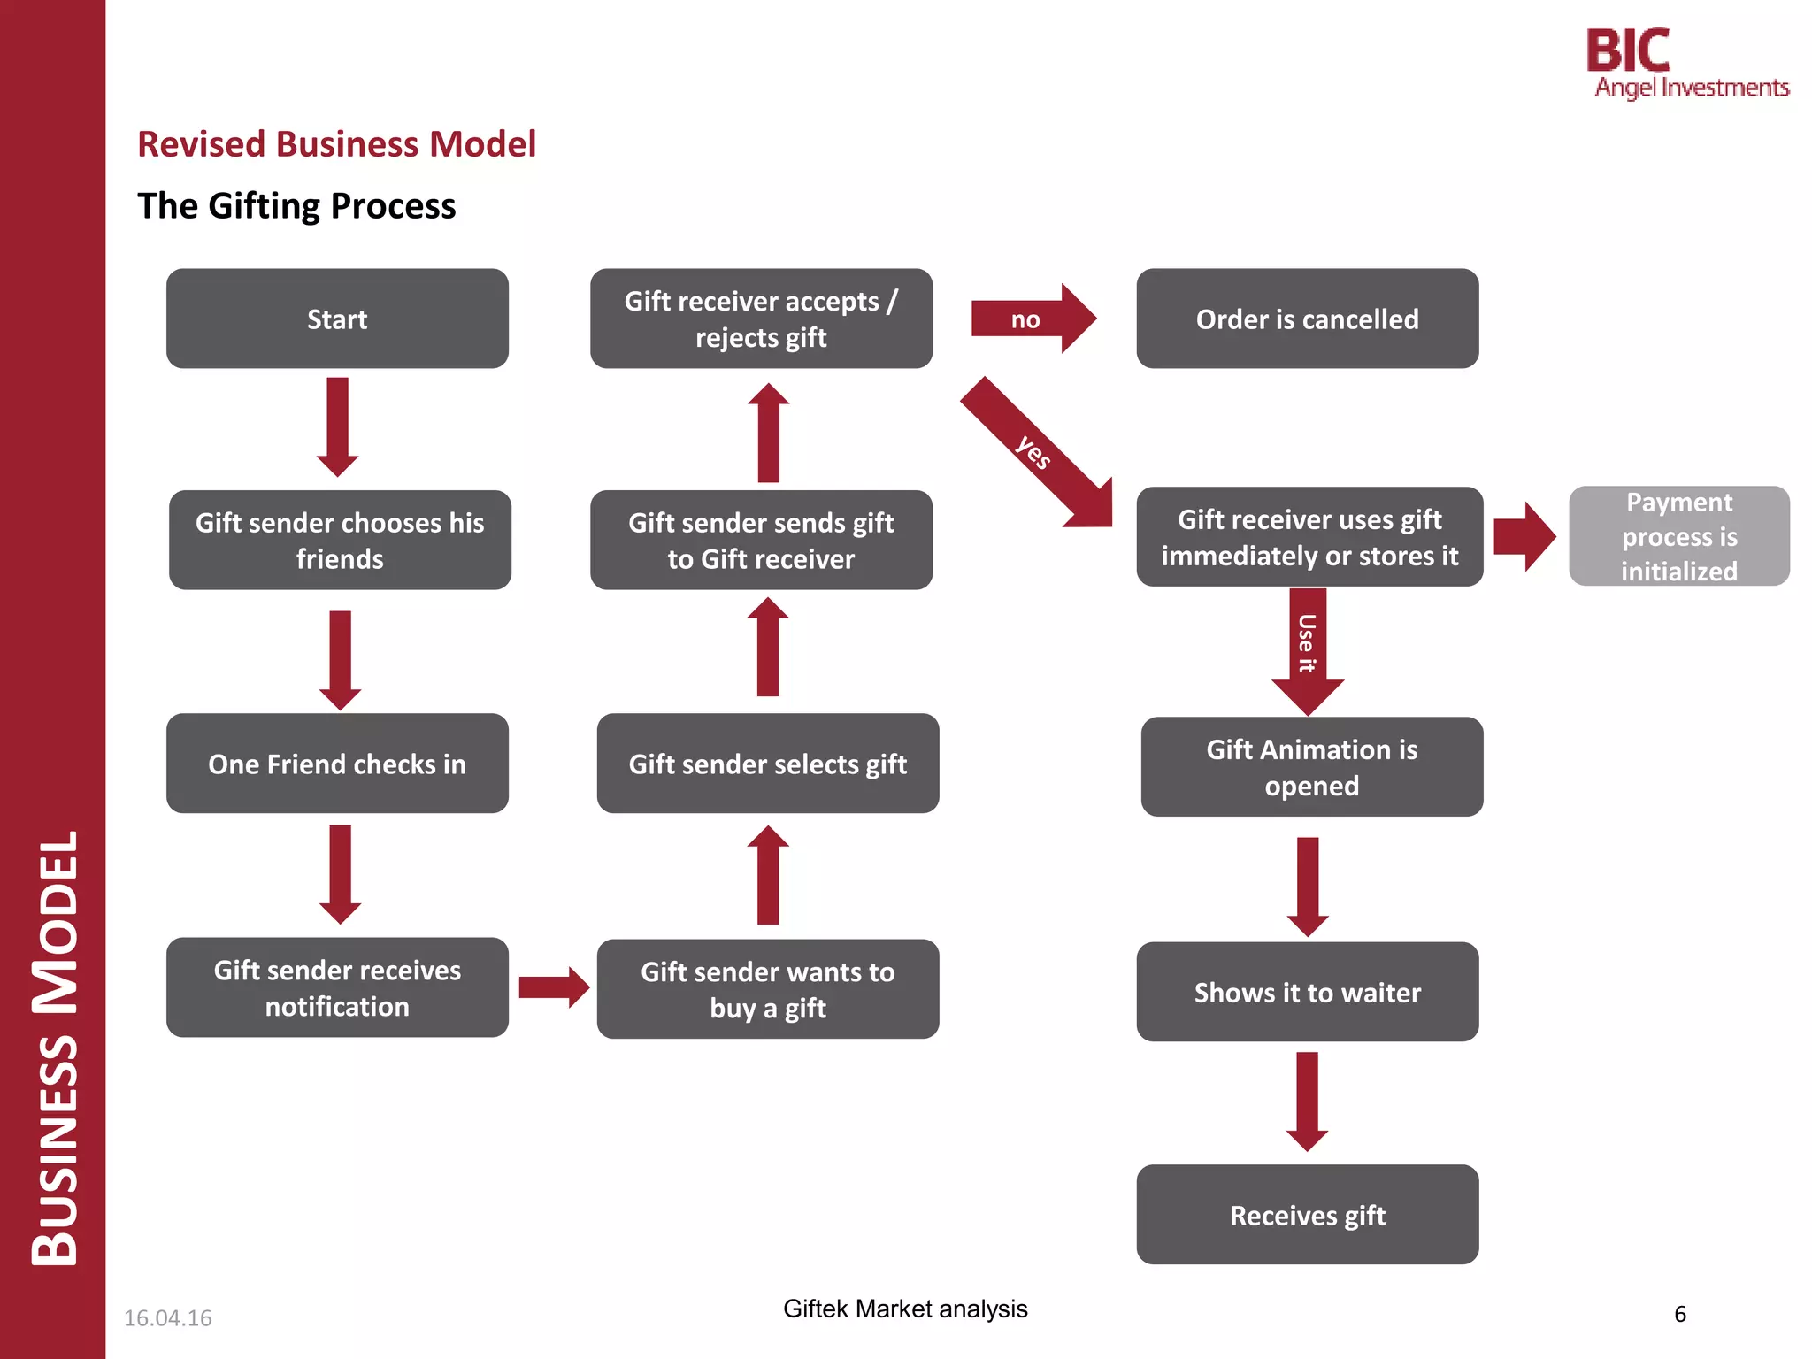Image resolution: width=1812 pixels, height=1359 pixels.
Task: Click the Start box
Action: (337, 319)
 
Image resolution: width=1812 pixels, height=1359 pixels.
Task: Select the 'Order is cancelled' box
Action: (1307, 319)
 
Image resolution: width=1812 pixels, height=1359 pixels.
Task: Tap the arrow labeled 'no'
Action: (1032, 319)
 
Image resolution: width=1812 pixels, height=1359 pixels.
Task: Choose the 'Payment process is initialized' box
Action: (1678, 536)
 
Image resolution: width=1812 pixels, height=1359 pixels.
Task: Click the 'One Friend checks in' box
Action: (337, 764)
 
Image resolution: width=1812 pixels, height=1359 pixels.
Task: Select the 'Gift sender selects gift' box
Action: (767, 764)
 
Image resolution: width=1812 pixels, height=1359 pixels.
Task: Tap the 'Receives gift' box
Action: (1307, 1215)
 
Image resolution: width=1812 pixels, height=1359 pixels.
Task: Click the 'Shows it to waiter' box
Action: (1307, 992)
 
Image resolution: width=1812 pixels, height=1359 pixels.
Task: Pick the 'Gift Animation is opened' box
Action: (1311, 767)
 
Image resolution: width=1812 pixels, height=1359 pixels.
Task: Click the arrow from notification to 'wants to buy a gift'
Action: (553, 987)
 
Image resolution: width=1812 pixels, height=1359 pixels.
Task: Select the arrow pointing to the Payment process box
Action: (1524, 536)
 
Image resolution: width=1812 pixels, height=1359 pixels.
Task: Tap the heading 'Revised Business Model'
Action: (336, 144)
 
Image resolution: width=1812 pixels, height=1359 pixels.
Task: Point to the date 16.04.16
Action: (167, 1317)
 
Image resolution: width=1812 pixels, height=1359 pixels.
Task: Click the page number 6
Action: (1679, 1314)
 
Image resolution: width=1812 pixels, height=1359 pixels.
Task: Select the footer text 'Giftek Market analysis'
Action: (904, 1309)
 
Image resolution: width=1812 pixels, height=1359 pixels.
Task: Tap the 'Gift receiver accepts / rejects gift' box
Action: (761, 319)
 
